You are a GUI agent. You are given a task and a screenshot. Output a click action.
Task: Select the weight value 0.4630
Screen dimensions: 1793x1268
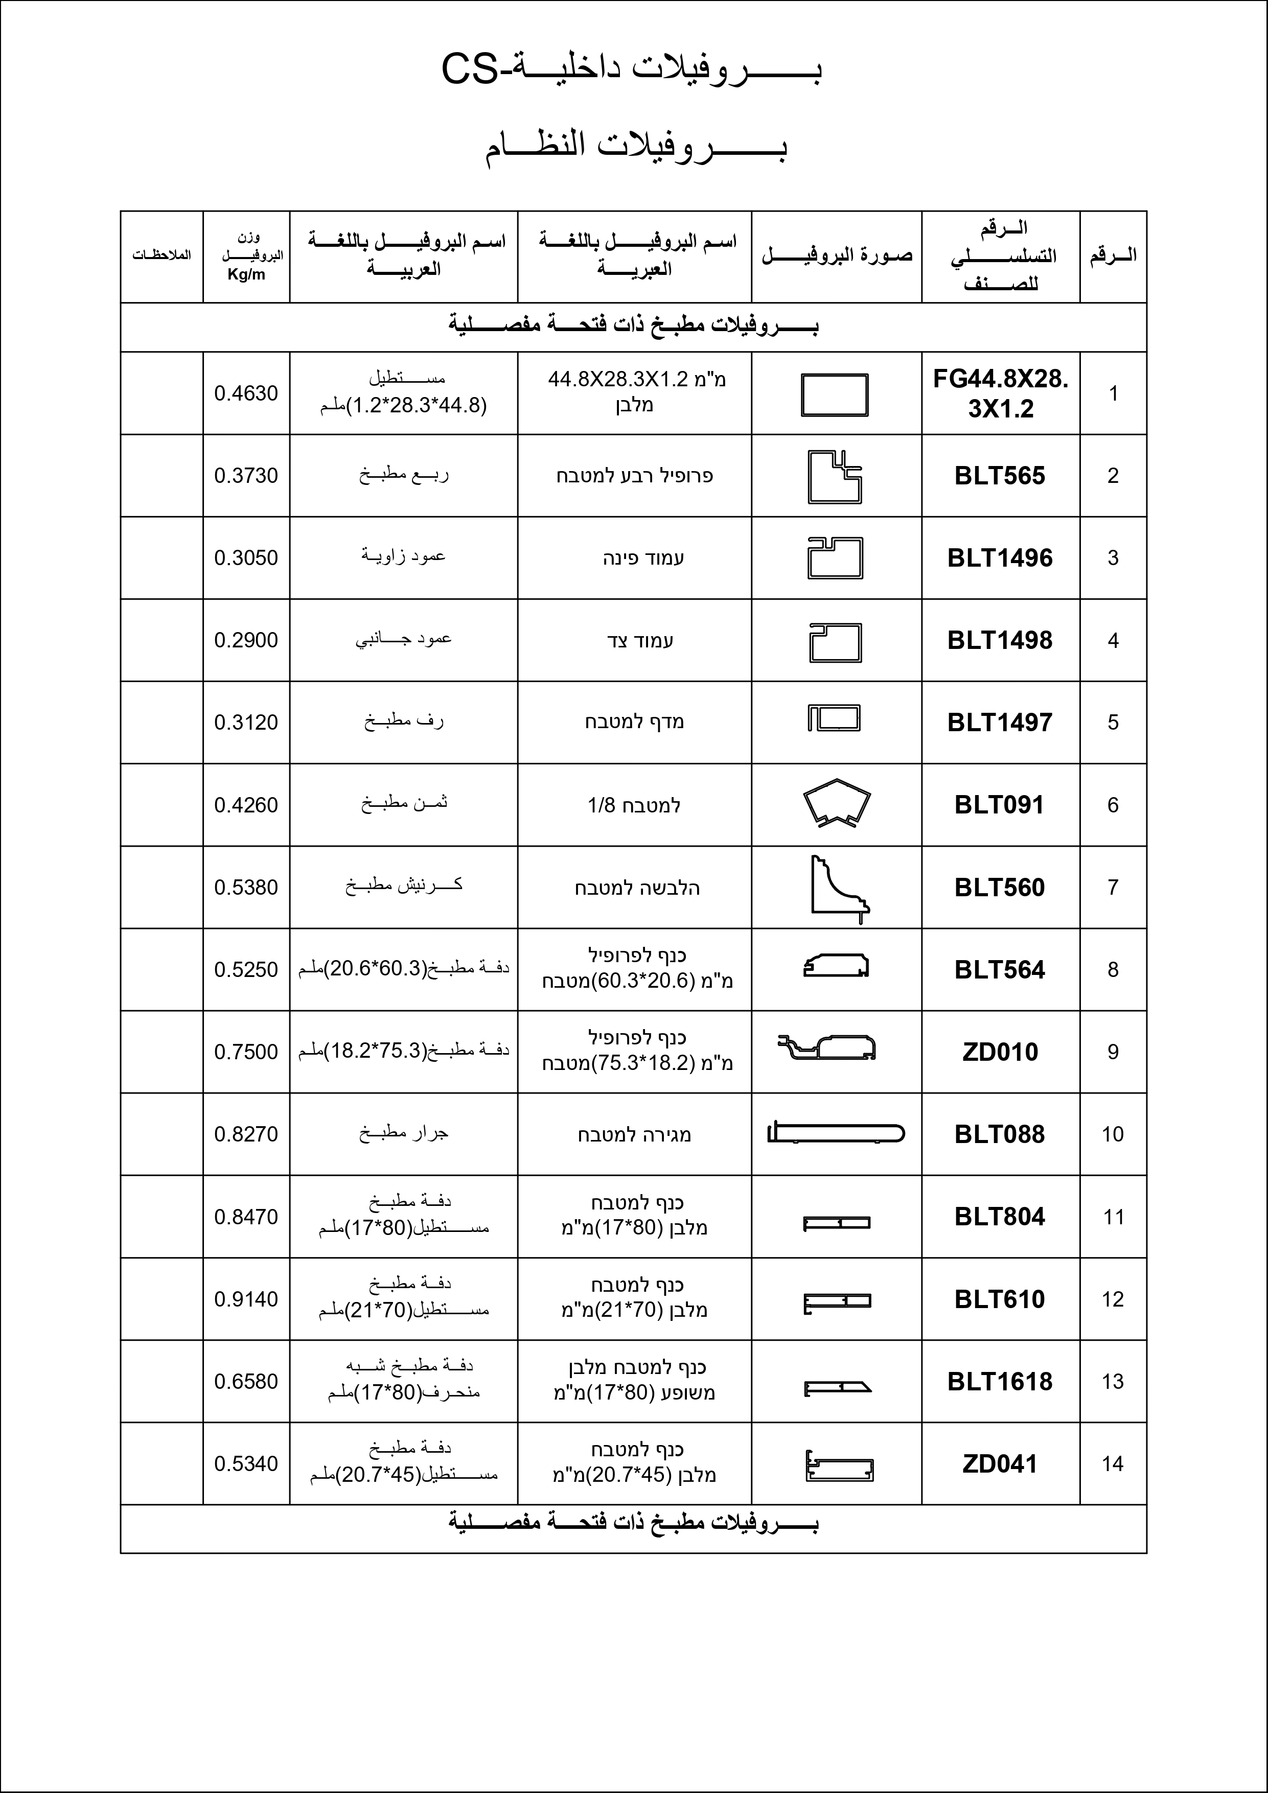pyautogui.click(x=246, y=393)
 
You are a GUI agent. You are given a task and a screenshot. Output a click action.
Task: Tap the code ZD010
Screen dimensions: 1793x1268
pyautogui.click(x=1000, y=1052)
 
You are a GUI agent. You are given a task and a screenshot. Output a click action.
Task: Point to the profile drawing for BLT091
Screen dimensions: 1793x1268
pyautogui.click(x=836, y=803)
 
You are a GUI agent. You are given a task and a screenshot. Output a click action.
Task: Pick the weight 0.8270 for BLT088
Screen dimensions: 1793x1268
pyautogui.click(x=246, y=1134)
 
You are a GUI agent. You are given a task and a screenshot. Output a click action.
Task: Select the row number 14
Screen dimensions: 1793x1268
pyautogui.click(x=1113, y=1463)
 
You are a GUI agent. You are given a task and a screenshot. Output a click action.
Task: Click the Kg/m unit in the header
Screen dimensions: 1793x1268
pyautogui.click(x=246, y=275)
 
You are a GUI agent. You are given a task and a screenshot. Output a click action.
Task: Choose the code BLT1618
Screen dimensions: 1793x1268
pyautogui.click(x=1000, y=1382)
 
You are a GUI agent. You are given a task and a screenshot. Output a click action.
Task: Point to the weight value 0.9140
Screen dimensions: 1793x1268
pyautogui.click(x=246, y=1299)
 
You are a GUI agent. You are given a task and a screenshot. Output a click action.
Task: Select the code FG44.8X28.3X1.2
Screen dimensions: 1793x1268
pyautogui.click(x=1000, y=393)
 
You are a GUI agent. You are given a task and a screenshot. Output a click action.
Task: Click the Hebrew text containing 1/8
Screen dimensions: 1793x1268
pyautogui.click(x=634, y=805)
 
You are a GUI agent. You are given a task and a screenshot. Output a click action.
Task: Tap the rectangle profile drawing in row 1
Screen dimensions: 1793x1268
pyautogui.click(x=835, y=394)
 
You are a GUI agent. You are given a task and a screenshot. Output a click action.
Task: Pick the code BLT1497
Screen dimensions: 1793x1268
pyautogui.click(x=1000, y=723)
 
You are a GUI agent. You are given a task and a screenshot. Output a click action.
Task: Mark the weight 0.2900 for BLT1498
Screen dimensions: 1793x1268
pyautogui.click(x=246, y=640)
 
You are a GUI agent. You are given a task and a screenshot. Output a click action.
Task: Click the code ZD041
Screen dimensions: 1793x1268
pyautogui.click(x=1000, y=1463)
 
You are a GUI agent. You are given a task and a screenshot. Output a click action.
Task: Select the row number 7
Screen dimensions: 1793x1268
pyautogui.click(x=1113, y=887)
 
